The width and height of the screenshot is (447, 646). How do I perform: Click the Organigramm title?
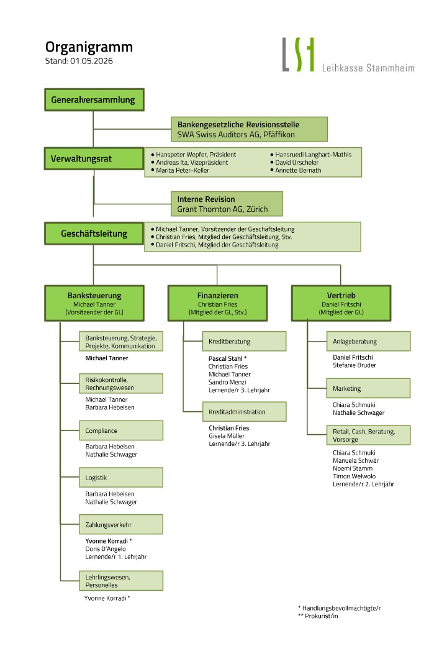click(x=89, y=48)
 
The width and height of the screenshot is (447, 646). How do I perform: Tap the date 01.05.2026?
click(x=91, y=61)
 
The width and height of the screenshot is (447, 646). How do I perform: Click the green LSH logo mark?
click(x=298, y=55)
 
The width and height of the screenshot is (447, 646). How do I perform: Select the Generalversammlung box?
click(x=94, y=100)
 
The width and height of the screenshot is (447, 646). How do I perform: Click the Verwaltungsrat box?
click(x=94, y=158)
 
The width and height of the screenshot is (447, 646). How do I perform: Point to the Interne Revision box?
click(x=227, y=204)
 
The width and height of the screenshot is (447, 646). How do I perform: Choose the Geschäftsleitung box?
click(x=94, y=234)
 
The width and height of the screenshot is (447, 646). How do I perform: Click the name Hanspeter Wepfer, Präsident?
click(x=196, y=155)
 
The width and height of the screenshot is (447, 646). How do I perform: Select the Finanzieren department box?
click(x=217, y=303)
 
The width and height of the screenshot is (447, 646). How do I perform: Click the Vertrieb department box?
click(x=341, y=303)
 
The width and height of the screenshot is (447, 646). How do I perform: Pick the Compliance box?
click(x=121, y=430)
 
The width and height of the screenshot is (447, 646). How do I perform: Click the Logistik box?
click(x=121, y=478)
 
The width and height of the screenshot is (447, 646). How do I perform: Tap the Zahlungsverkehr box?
click(x=121, y=524)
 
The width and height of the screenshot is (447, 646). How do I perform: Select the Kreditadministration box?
click(x=245, y=412)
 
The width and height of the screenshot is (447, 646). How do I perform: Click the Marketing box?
click(x=368, y=388)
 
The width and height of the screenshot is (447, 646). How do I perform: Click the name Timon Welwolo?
click(x=354, y=476)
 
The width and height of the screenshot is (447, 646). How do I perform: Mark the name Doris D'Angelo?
click(x=106, y=548)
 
